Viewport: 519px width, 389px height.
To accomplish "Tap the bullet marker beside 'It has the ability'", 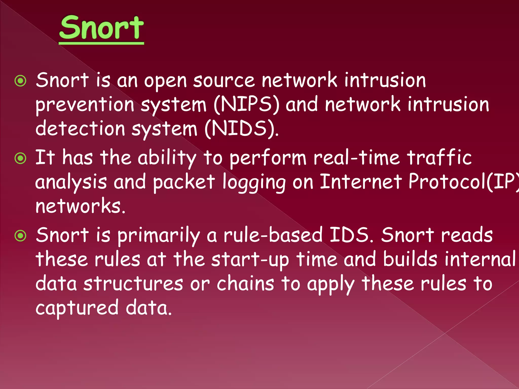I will (21, 159).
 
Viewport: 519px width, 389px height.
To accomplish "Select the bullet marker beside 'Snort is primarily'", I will (21, 236).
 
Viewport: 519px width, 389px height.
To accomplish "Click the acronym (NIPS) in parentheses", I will (246, 104).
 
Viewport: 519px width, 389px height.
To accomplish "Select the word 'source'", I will (224, 81).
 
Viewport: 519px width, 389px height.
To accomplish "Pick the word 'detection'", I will (80, 128).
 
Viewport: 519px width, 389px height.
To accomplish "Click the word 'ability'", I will (167, 158).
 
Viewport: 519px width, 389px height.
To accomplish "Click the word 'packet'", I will (184, 182).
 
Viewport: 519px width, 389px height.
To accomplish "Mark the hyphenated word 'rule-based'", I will (273, 235).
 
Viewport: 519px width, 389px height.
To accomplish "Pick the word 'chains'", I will (245, 284).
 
